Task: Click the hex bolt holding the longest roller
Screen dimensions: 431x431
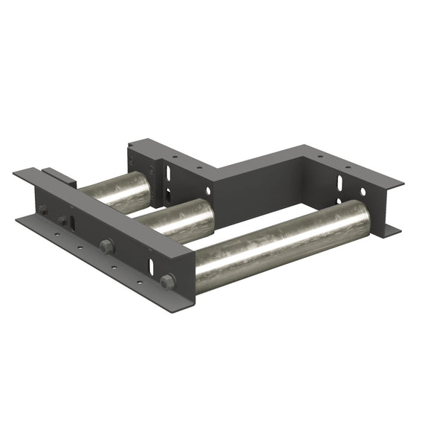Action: (x=167, y=281)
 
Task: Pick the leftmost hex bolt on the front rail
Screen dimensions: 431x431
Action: (x=42, y=210)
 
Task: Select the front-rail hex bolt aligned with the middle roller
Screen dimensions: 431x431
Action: (x=106, y=245)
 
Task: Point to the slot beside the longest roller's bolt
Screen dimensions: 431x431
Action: (x=152, y=266)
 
